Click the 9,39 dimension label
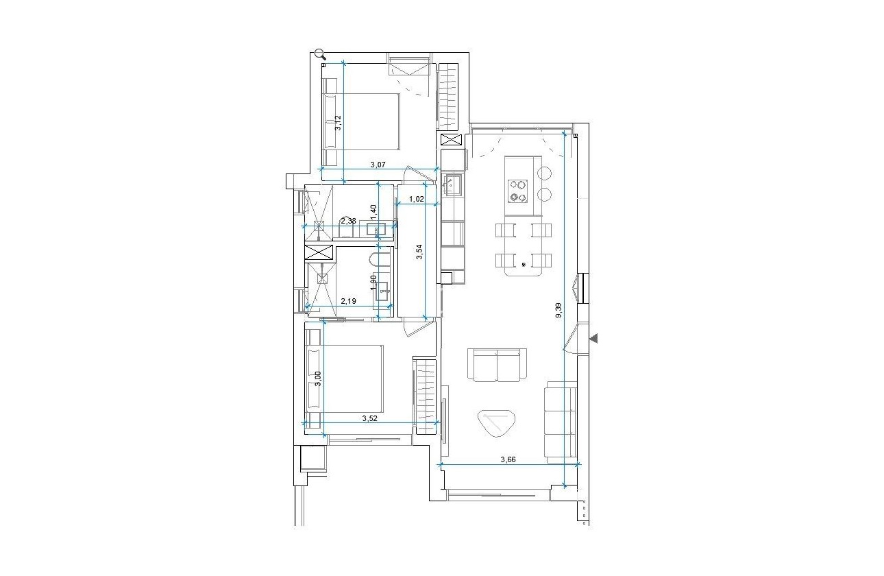click(558, 311)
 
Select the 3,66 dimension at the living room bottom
click(508, 459)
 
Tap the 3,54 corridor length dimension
click(420, 253)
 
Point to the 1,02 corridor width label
click(417, 200)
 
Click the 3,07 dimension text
click(378, 165)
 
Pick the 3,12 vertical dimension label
click(338, 123)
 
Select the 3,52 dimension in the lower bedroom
click(370, 417)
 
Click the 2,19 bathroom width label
click(349, 300)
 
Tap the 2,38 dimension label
click(348, 221)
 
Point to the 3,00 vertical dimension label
click(318, 379)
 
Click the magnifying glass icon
click(320, 54)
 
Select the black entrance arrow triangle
click(594, 338)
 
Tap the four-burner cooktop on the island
click(517, 191)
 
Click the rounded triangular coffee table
click(497, 422)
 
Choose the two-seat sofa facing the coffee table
click(498, 364)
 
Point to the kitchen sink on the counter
click(453, 184)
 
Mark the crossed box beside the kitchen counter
click(452, 141)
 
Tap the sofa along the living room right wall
click(559, 422)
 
